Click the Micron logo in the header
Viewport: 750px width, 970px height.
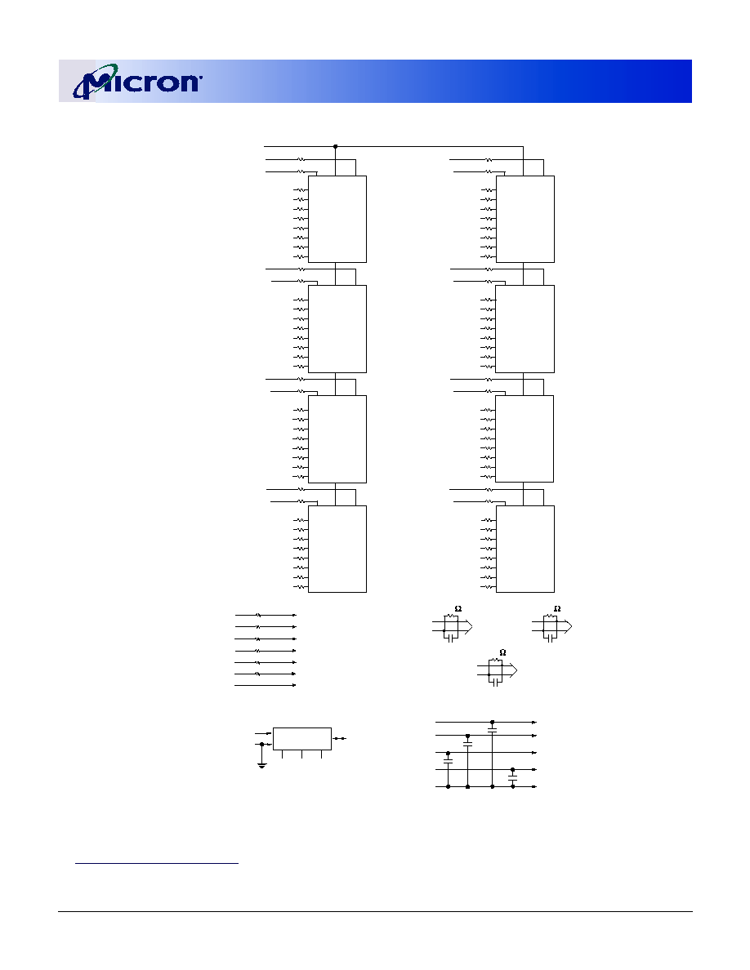pos(137,81)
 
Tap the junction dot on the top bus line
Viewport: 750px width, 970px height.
pos(336,147)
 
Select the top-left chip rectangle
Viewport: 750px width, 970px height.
pos(337,219)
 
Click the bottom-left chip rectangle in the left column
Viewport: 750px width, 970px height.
pos(337,549)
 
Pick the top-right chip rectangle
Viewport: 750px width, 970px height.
pos(525,219)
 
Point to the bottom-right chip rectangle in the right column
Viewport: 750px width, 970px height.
pos(525,549)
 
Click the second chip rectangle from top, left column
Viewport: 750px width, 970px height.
pos(337,329)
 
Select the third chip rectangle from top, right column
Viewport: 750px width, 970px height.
pos(525,438)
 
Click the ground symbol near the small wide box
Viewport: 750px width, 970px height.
pos(261,765)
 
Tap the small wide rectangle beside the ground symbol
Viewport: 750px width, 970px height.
pos(302,739)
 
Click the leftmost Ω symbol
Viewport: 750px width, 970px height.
pos(458,609)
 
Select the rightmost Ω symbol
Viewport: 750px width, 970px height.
pos(557,609)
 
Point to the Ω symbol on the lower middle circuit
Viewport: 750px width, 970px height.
pos(502,652)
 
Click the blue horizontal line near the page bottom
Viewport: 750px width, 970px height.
pos(157,862)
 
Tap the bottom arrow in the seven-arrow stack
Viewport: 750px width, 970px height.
pos(266,685)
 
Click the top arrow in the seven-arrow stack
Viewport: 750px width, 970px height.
pos(266,616)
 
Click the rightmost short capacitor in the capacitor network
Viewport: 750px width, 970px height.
pos(512,778)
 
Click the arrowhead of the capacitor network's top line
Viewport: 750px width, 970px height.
pos(534,722)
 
